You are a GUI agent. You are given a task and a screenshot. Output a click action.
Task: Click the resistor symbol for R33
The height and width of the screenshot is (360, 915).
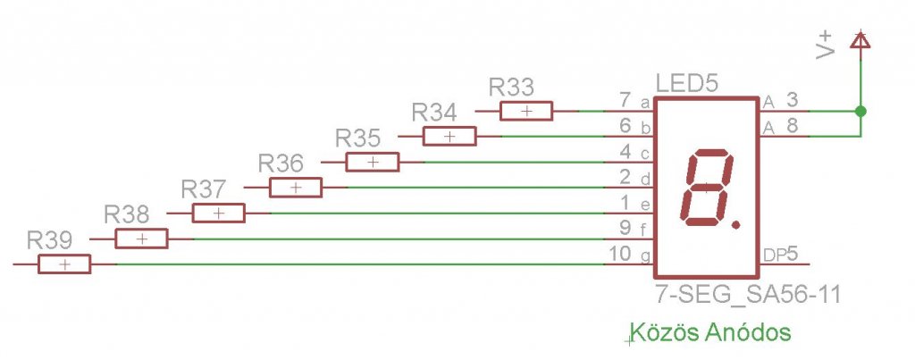tap(526, 111)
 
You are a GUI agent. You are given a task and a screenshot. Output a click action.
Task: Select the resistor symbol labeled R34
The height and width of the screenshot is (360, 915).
tap(449, 137)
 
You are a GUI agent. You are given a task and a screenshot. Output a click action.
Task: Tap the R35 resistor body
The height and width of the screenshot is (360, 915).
tap(373, 163)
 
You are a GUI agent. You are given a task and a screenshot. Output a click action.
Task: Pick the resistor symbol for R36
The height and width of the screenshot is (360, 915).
tap(296, 188)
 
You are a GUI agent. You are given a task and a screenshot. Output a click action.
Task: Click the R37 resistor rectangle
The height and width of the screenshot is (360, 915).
tap(219, 213)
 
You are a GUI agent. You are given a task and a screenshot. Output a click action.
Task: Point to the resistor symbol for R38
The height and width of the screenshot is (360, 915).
tap(141, 239)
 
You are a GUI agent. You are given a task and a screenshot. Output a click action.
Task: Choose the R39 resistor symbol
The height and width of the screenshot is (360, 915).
tap(64, 264)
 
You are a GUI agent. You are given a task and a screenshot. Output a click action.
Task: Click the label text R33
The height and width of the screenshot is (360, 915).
tap(512, 88)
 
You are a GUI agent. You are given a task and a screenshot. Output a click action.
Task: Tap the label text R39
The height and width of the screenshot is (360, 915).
tap(50, 241)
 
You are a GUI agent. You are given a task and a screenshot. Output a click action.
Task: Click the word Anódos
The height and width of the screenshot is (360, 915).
tap(748, 333)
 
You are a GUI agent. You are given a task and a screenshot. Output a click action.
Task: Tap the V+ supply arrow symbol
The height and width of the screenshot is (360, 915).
tap(860, 39)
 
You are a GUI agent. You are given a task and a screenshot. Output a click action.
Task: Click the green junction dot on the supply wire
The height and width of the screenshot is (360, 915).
tap(860, 112)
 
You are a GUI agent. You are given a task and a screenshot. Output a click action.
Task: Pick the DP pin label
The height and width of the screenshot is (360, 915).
tap(774, 255)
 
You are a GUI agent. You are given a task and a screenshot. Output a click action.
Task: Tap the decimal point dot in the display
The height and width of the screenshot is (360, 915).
tap(735, 222)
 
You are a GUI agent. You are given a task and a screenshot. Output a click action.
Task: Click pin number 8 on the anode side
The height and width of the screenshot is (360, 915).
tap(792, 128)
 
